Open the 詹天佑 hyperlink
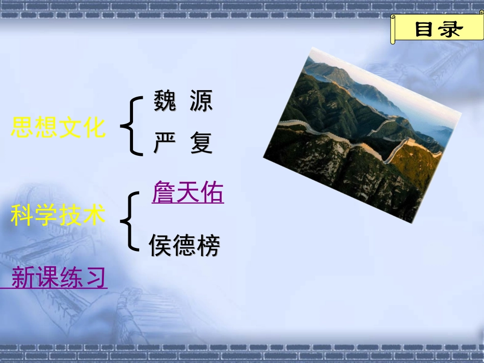point(187,194)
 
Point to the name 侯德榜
point(184,246)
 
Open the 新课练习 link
point(59,278)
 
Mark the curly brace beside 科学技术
point(130,221)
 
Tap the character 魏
point(165,101)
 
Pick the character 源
point(201,101)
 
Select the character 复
point(201,143)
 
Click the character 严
point(165,143)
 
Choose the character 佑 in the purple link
point(211,194)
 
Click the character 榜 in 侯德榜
point(208,246)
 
